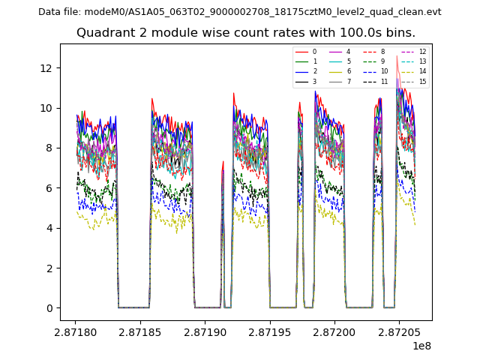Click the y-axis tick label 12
46,67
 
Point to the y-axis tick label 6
49,187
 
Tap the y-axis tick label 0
49,307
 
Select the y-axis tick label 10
46,108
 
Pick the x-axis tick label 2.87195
270,331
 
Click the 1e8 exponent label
421,346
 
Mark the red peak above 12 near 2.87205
397,56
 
